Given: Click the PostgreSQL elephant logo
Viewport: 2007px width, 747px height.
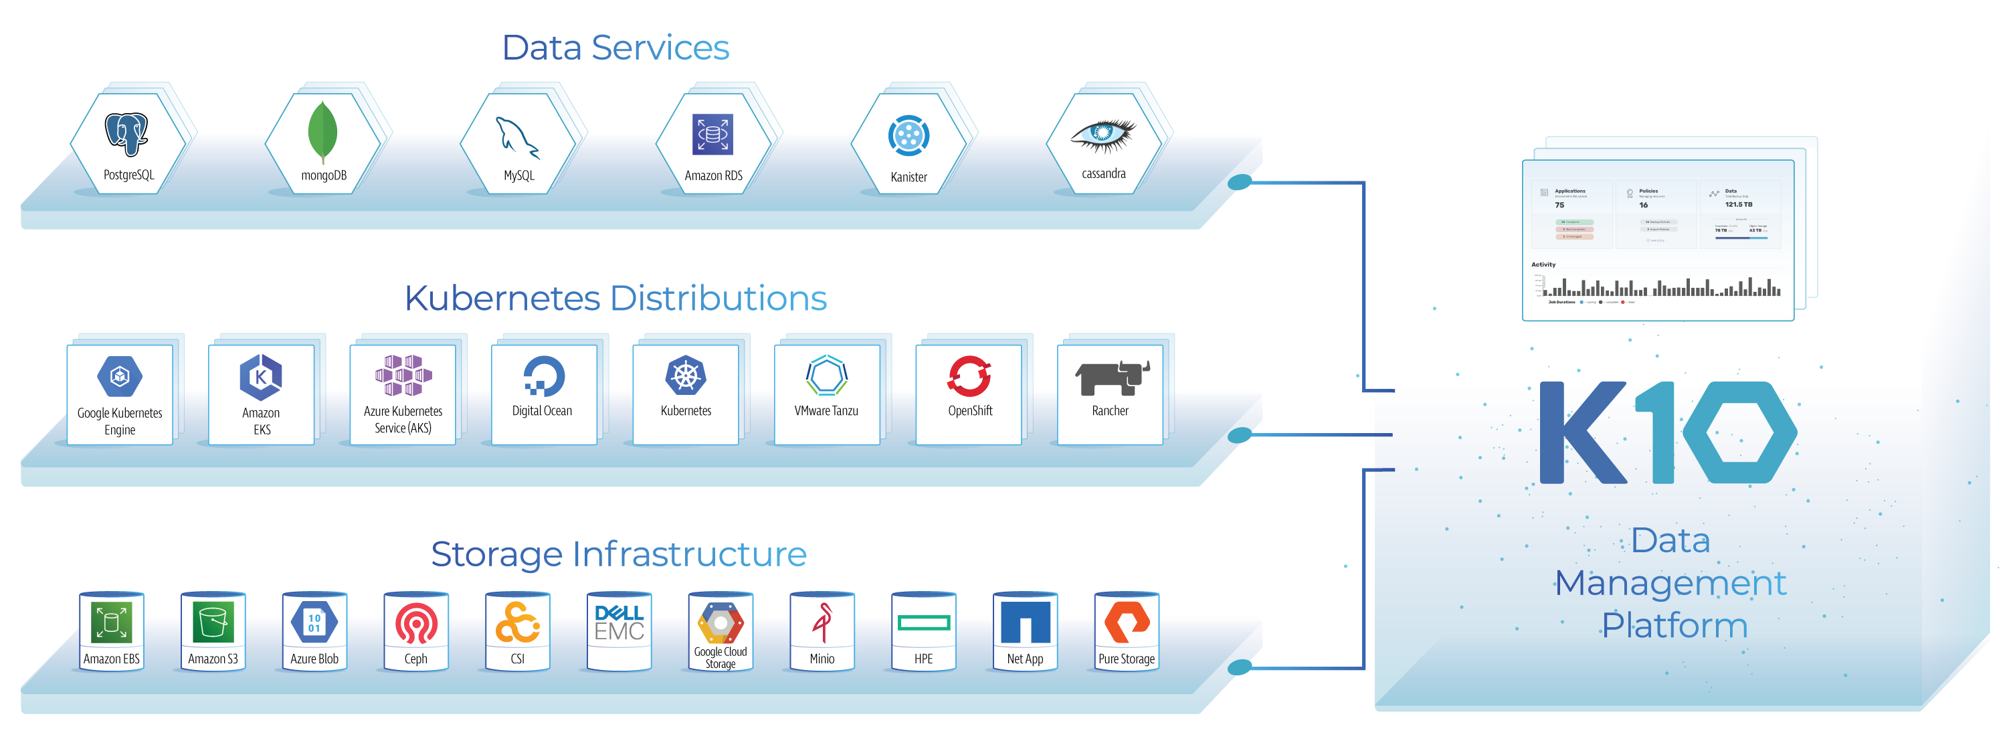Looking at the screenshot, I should point(127,133).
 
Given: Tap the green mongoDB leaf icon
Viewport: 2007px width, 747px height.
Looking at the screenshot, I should point(322,133).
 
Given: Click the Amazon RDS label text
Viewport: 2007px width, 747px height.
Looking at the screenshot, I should point(713,175).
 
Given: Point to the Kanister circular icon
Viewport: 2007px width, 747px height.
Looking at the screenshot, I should point(909,136).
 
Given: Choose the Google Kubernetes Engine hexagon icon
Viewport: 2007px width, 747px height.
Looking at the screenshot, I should point(120,377).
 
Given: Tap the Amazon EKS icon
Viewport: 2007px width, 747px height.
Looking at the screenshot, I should point(261,377).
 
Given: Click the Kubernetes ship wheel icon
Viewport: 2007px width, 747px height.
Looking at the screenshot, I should point(686,376).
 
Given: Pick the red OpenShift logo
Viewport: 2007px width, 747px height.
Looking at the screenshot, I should point(969,376).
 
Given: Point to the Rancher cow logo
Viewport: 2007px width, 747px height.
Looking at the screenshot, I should point(1111,378).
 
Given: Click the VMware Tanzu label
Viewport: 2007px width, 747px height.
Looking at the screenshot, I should point(826,411).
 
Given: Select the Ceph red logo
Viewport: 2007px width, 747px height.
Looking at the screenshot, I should point(416,624).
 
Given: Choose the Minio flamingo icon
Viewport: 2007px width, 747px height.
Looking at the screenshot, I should point(822,622).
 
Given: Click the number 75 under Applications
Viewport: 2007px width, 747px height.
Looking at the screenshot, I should point(1559,205).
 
